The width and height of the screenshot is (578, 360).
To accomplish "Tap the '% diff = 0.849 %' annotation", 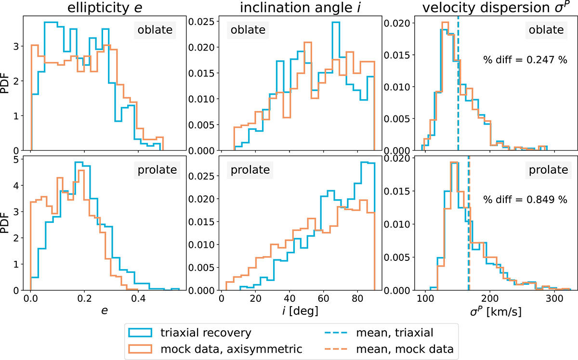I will pos(525,199).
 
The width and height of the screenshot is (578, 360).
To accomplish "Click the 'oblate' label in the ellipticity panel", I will pos(156,30).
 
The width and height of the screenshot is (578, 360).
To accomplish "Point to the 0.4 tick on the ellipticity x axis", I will pos(138,299).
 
